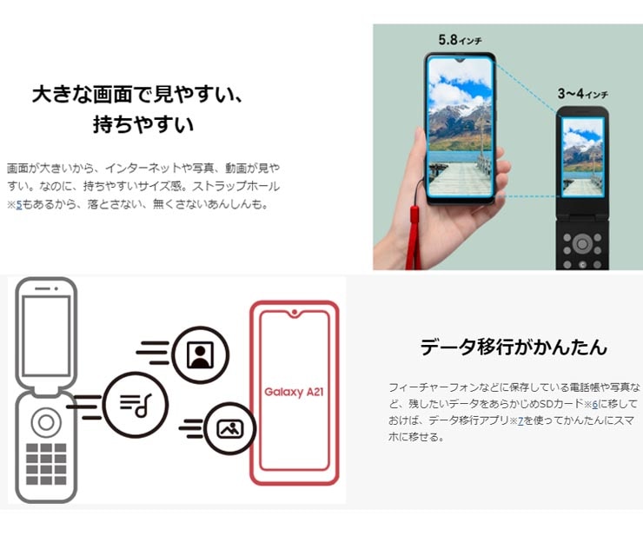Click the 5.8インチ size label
460,40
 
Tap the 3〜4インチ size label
582,94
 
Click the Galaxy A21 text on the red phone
294,392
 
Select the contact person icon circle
200,354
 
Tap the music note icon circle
136,404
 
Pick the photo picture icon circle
229,429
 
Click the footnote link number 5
19,204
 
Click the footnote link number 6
595,404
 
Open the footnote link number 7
520,421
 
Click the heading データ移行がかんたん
514,347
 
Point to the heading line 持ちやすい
143,124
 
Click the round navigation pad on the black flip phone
582,245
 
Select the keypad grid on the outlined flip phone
46,464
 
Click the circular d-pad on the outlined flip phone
46,423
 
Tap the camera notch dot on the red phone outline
295,313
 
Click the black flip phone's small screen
582,157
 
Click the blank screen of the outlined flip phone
46,336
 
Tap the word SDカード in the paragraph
560,404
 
